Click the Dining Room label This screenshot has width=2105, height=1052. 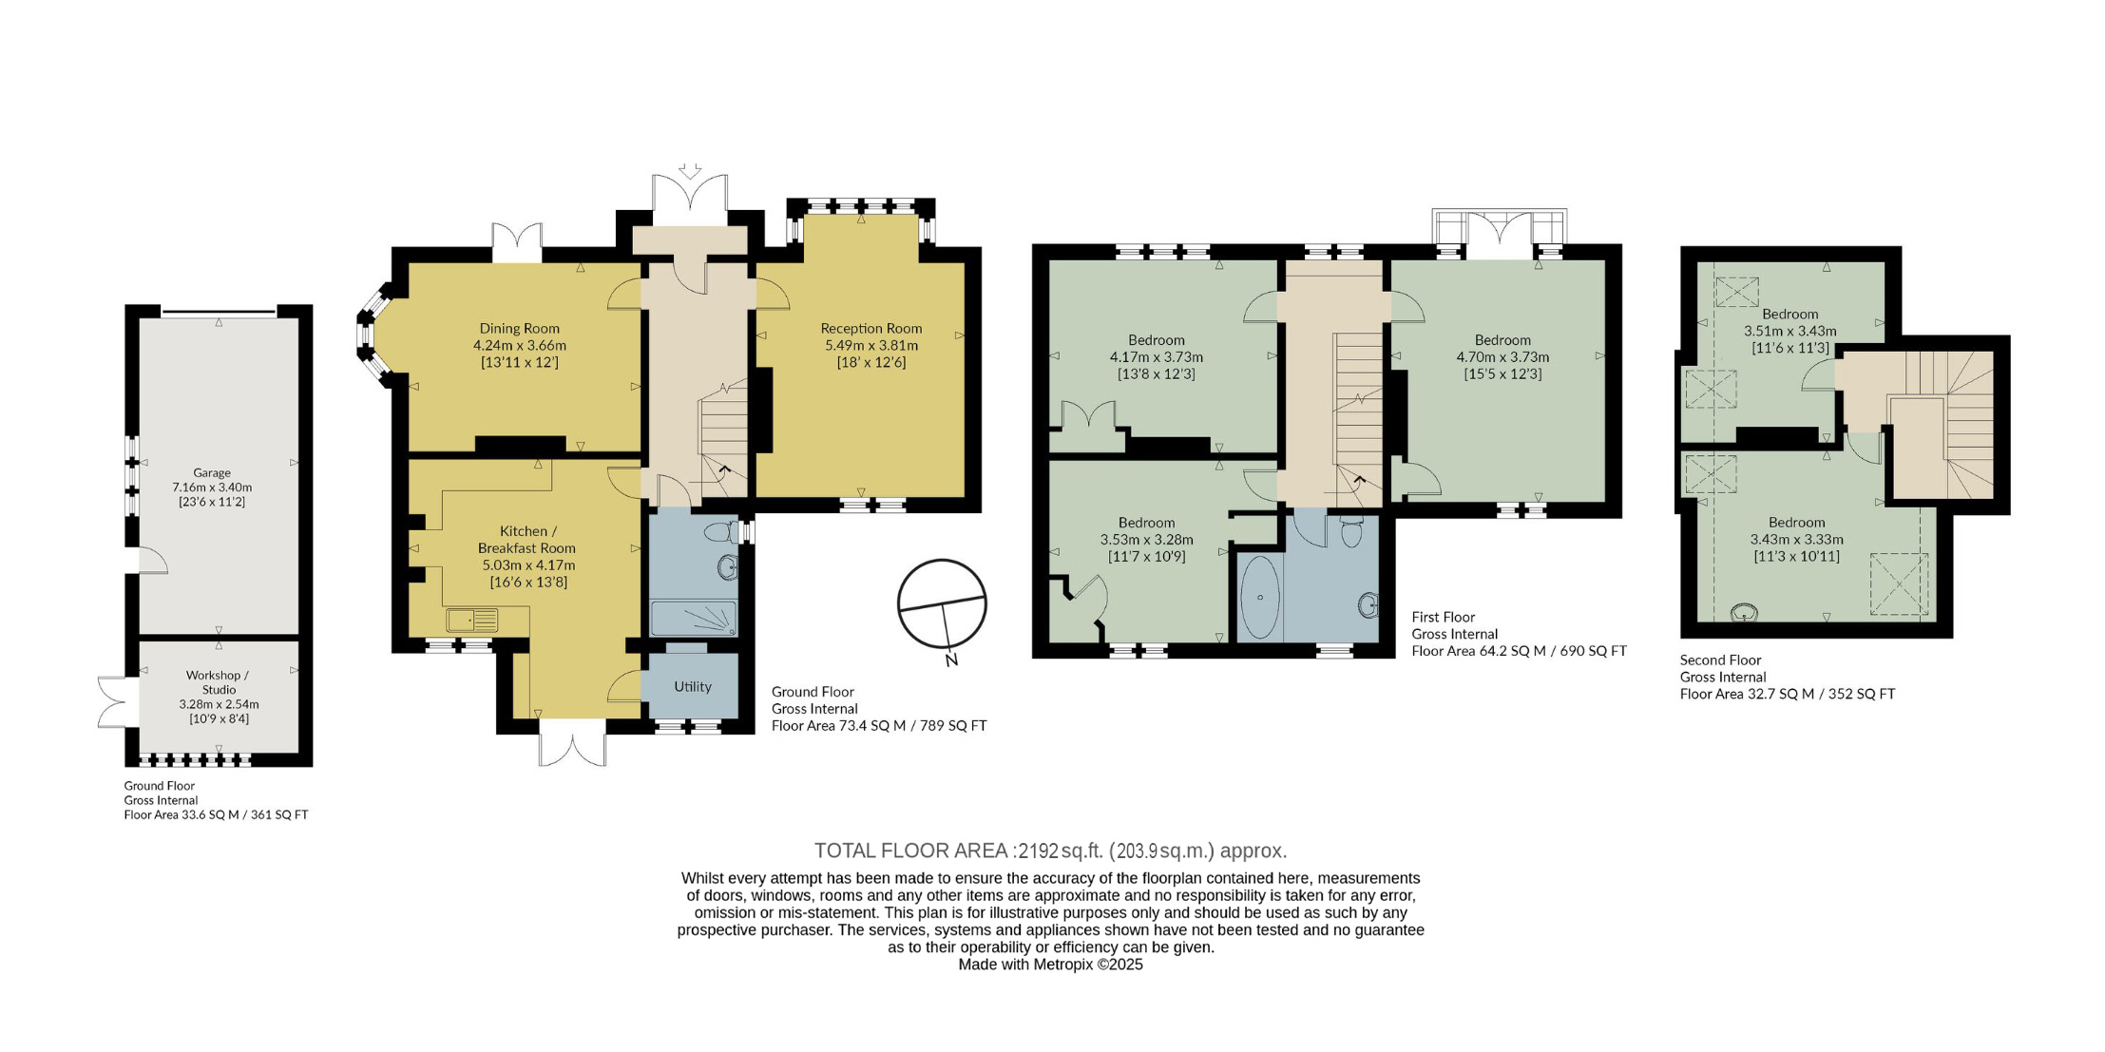[x=519, y=329]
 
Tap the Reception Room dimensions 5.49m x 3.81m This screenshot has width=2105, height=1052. [x=871, y=345]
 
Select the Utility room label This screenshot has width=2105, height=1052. [x=693, y=686]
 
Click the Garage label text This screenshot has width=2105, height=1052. [x=212, y=472]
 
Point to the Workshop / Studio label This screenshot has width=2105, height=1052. [x=219, y=682]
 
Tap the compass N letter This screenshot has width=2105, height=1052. [x=951, y=660]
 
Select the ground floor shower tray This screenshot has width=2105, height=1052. [x=694, y=618]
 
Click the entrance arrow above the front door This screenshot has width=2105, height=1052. [x=690, y=171]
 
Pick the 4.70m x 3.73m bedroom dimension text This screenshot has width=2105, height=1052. [x=1502, y=357]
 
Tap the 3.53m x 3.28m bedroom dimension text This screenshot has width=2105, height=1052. [x=1146, y=539]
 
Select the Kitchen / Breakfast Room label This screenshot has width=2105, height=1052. [x=526, y=540]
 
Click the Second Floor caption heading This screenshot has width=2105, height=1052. [x=1720, y=660]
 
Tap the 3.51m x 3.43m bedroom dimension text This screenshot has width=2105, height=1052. [x=1789, y=331]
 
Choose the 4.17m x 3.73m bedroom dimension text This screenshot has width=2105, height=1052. [x=1156, y=357]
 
